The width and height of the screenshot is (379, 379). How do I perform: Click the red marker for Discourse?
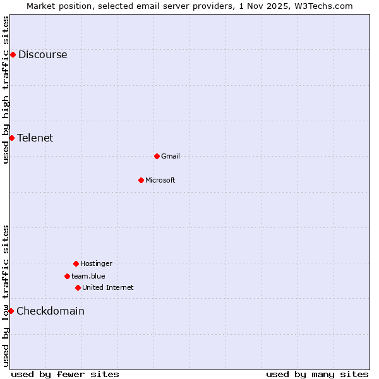click(13, 54)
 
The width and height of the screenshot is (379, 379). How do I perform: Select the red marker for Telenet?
click(11, 138)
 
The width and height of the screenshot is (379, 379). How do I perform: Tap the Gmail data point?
click(157, 156)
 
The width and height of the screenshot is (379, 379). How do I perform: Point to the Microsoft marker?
click(141, 180)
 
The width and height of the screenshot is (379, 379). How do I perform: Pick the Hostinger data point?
click(76, 263)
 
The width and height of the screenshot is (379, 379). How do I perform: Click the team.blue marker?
click(67, 276)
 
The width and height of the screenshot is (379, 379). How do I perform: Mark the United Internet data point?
click(78, 287)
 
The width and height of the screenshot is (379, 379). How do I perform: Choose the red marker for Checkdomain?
click(11, 311)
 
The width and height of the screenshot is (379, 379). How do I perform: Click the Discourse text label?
click(42, 54)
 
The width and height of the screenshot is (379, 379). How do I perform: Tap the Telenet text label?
click(35, 138)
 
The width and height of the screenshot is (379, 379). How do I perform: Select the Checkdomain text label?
click(51, 311)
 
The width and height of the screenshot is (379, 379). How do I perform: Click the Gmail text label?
click(171, 156)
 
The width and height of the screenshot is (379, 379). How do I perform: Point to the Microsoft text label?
click(160, 180)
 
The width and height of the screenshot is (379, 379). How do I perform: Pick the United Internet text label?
click(108, 287)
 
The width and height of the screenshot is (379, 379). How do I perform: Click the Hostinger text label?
click(96, 263)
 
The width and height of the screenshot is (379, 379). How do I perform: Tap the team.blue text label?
click(88, 276)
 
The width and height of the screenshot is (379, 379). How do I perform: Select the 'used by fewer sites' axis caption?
click(65, 374)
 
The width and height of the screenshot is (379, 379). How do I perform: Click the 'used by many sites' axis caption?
click(317, 374)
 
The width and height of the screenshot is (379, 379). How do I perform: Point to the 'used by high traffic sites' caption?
click(6, 90)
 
